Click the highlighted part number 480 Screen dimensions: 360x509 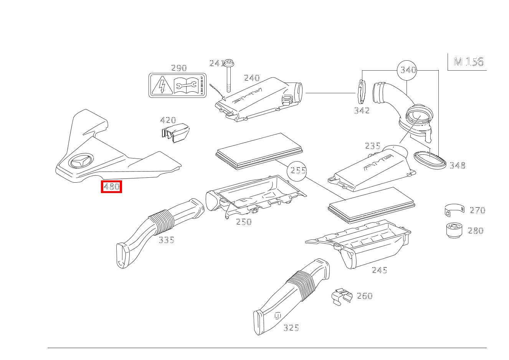pyautogui.click(x=111, y=187)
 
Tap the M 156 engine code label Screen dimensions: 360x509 pyautogui.click(x=468, y=62)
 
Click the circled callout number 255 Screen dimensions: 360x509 pyautogui.click(x=298, y=170)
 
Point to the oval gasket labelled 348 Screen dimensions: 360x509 pyautogui.click(x=430, y=160)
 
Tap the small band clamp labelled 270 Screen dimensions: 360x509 pyautogui.click(x=454, y=210)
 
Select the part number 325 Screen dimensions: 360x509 pyautogui.click(x=291, y=328)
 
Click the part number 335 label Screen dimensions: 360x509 pyautogui.click(x=166, y=240)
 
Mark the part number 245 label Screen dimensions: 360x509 pyautogui.click(x=379, y=270)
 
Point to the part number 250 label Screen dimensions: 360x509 pyautogui.click(x=244, y=222)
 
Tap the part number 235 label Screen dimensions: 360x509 pyautogui.click(x=372, y=146)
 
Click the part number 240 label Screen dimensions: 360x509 pyautogui.click(x=252, y=78)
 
